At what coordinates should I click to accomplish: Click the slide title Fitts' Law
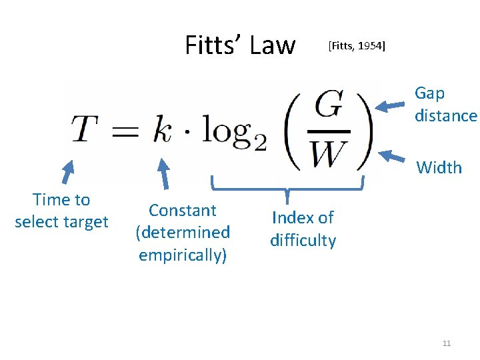(x=239, y=45)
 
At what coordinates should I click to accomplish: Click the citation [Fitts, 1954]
(x=357, y=46)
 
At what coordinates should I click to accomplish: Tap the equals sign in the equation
(x=125, y=131)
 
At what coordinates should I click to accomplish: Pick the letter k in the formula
(x=162, y=129)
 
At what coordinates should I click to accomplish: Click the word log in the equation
(x=227, y=130)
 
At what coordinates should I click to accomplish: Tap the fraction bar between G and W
(x=329, y=131)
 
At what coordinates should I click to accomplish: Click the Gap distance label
(x=445, y=105)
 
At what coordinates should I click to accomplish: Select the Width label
(x=439, y=167)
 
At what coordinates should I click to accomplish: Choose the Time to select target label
(x=61, y=211)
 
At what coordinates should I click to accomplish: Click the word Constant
(x=183, y=211)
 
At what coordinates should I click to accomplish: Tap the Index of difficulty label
(x=303, y=229)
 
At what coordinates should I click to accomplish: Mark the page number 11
(x=447, y=343)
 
